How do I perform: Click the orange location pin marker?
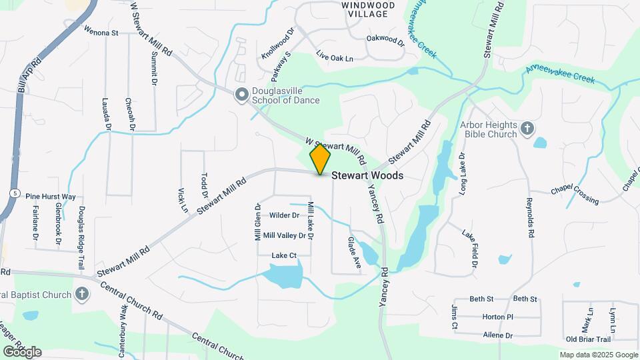(x=320, y=159)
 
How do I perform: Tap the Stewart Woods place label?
(x=367, y=176)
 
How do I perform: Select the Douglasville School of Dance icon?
(x=241, y=95)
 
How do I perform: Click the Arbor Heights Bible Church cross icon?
(x=527, y=127)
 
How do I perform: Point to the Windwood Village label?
(x=368, y=9)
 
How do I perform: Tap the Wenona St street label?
(x=101, y=31)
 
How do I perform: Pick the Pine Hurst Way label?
(x=50, y=197)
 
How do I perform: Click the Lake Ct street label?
(x=283, y=255)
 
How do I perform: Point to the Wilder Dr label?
(x=284, y=215)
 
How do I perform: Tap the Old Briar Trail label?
(x=588, y=339)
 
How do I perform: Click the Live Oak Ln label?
(x=334, y=58)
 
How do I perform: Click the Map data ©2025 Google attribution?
(x=599, y=355)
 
